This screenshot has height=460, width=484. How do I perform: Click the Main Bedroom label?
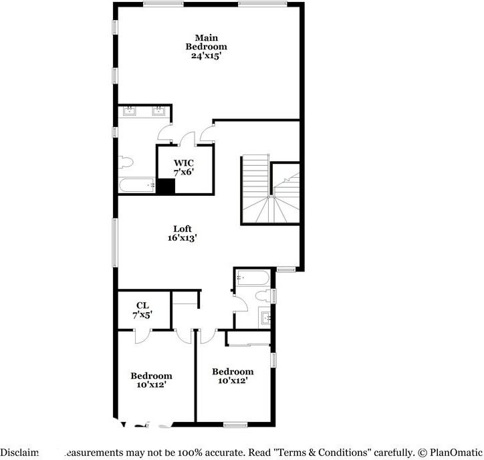pos(206,42)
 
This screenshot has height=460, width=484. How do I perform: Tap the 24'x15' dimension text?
pos(206,56)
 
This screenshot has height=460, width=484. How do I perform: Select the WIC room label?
pos(183,162)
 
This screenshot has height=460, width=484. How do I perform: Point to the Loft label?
pos(183,229)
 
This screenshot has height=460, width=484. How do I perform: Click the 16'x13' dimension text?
pos(182,237)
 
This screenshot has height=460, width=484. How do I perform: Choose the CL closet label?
pos(142,306)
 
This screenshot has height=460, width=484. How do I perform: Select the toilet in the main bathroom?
pos(126,162)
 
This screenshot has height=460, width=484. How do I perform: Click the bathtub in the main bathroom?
pos(137,185)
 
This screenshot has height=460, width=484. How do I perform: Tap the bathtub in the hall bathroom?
pos(253,278)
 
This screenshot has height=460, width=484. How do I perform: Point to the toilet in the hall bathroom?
pos(266,295)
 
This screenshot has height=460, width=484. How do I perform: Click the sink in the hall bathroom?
pos(265,318)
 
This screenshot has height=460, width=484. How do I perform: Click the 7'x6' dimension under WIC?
pos(183,172)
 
